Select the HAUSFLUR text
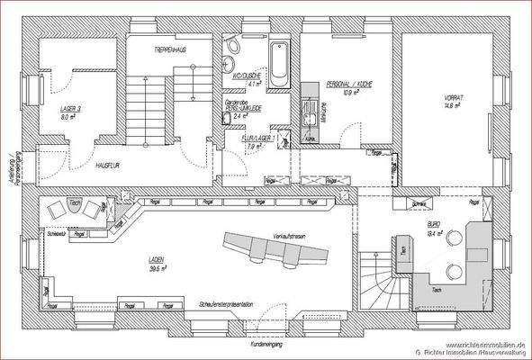[x=109, y=166]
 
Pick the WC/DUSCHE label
[x=247, y=76]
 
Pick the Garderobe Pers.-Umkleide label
[x=241, y=109]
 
